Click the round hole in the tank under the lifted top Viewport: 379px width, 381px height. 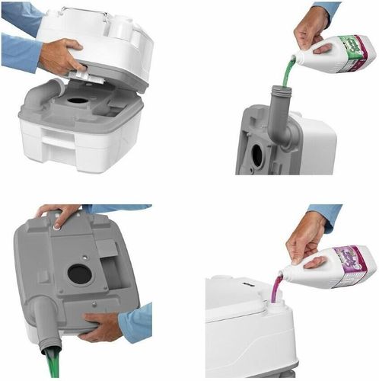point(78,100)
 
